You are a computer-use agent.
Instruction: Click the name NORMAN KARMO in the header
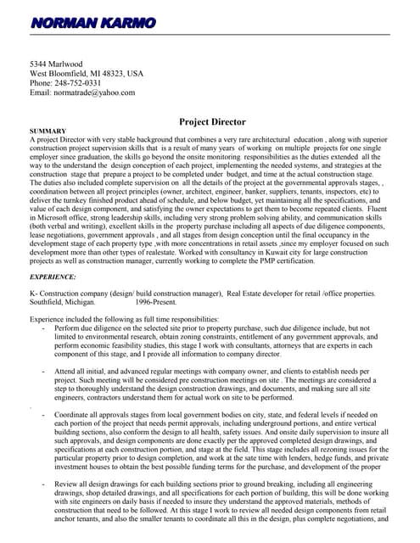tap(92, 23)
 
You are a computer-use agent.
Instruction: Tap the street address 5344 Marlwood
tap(56, 64)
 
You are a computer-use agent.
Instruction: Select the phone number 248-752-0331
tap(78, 83)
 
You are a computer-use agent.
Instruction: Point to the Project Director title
tap(212, 122)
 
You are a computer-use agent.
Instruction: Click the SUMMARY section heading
tap(48, 132)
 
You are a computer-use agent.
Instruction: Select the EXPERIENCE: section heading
tap(53, 277)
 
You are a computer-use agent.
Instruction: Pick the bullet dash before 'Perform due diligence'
tap(43, 327)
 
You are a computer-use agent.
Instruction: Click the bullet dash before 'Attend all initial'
tap(43, 372)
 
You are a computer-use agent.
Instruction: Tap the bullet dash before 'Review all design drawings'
tap(43, 483)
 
